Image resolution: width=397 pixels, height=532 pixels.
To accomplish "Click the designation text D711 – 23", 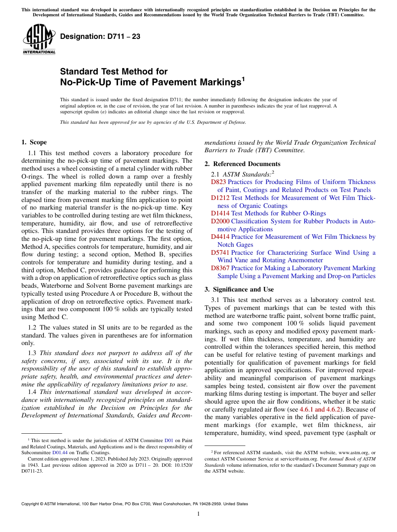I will (x=100, y=37).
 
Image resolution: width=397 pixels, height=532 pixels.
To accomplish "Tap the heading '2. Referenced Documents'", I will (x=242, y=164).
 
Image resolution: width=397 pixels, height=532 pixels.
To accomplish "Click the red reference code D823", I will (x=218, y=182).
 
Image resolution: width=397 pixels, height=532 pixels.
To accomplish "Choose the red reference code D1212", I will (x=220, y=198).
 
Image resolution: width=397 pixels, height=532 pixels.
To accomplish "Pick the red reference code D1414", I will (x=220, y=213).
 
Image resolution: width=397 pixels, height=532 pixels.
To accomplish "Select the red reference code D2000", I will (x=220, y=221).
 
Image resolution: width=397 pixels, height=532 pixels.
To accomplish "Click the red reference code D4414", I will (x=220, y=237).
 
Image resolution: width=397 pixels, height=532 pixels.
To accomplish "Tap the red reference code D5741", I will (x=220, y=253).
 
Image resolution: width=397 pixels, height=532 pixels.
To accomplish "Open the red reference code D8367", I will (x=220, y=268).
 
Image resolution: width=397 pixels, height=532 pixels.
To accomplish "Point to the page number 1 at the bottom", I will (x=198, y=514).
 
